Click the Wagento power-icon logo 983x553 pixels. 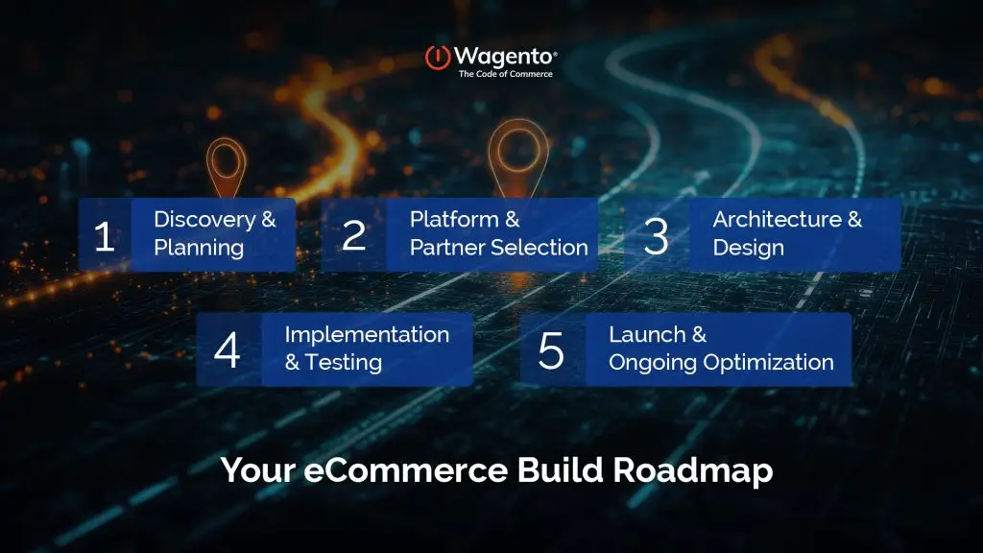(x=439, y=57)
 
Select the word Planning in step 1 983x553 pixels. (x=199, y=248)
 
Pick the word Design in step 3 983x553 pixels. (x=748, y=248)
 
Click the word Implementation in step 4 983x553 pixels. (x=367, y=334)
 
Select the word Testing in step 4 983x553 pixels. (x=344, y=363)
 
